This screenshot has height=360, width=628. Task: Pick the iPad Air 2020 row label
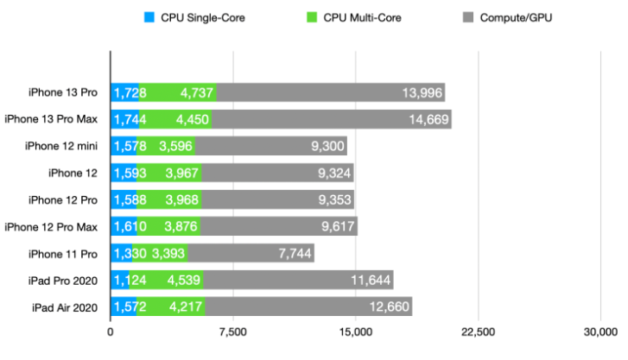(x=56, y=307)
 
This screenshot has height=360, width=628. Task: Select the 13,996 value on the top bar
(x=422, y=93)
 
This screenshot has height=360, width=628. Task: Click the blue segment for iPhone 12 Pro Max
(x=124, y=227)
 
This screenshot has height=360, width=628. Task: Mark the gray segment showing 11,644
(x=298, y=281)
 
